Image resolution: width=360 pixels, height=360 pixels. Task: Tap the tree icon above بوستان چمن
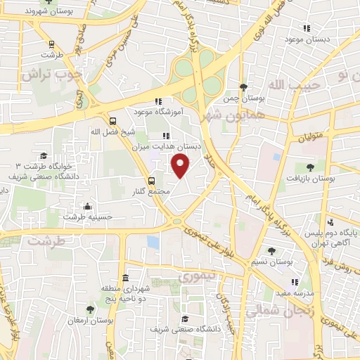tap(243, 87)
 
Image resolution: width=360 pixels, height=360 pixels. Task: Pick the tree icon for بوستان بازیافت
tap(310, 167)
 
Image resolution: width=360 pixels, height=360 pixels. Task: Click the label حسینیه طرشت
tap(86, 217)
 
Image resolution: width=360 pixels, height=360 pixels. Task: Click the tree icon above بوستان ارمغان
tap(89, 309)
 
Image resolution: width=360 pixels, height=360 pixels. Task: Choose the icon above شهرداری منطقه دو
tap(125, 277)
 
